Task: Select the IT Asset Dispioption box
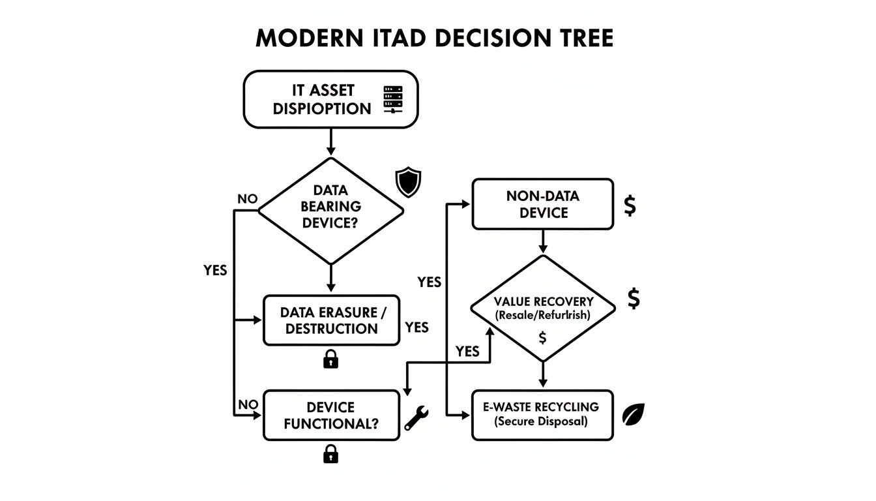point(330,99)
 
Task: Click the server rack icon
point(393,99)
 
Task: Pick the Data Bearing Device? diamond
point(330,211)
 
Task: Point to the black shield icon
point(409,183)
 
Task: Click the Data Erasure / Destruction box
point(331,320)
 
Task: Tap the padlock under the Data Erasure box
point(331,359)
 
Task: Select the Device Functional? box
point(331,416)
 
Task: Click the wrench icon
point(415,417)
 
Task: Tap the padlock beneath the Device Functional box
point(331,453)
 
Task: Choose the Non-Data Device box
point(542,204)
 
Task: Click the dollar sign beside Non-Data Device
point(630,205)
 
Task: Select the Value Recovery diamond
point(542,307)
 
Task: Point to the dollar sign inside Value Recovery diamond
point(542,338)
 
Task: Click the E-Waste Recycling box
point(542,414)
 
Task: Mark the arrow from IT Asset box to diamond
point(330,142)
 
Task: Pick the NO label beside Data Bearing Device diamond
point(248,199)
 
